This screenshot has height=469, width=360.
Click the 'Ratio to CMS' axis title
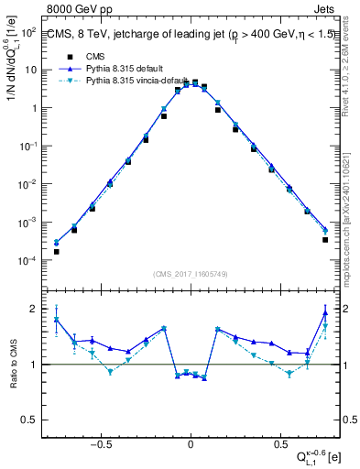pyautogui.click(x=12, y=364)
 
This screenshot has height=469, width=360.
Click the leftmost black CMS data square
pyautogui.click(x=57, y=251)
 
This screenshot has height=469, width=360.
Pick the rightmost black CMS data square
pyautogui.click(x=325, y=240)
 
